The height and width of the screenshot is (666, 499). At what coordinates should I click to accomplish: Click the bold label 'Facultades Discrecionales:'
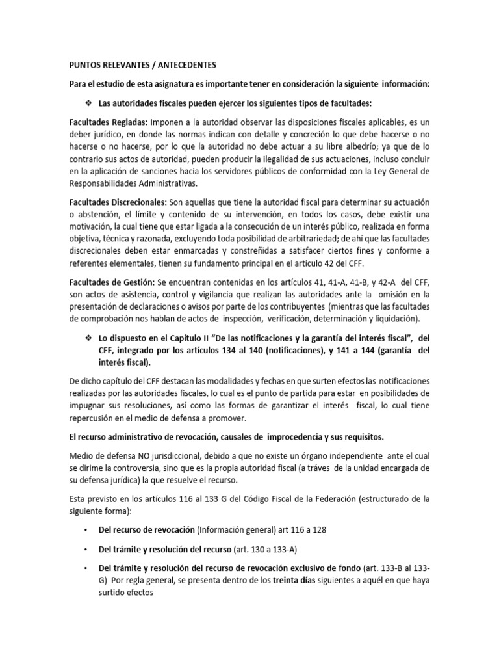coord(118,202)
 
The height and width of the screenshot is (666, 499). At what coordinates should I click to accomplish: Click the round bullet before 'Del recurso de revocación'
coord(86,530)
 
